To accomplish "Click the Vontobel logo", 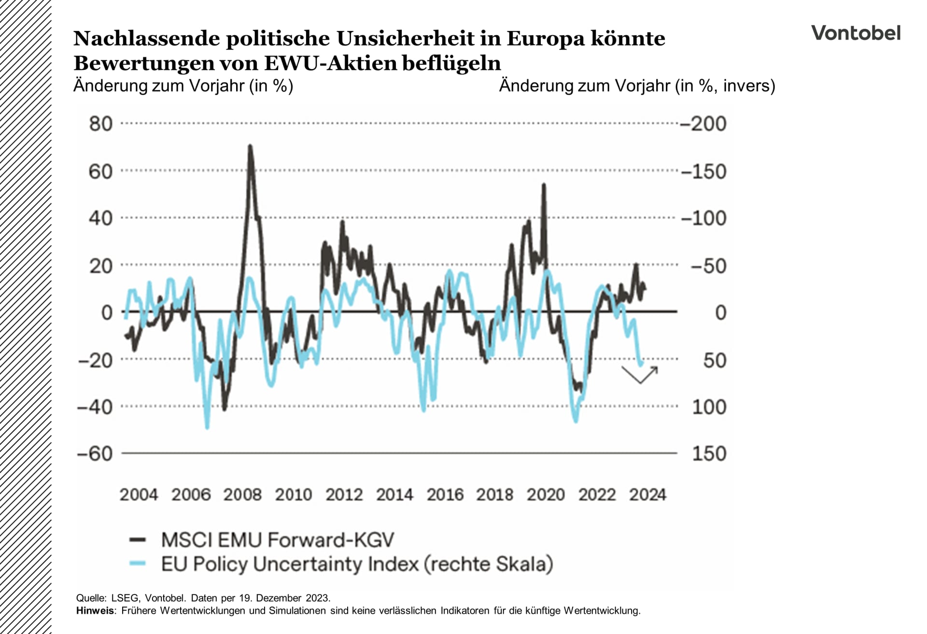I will tap(856, 33).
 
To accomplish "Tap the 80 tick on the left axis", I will tap(100, 124).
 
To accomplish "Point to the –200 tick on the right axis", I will tap(703, 124).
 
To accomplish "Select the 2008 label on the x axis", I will tap(242, 494).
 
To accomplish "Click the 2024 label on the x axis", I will tap(647, 494).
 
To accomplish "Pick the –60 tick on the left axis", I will tap(95, 453).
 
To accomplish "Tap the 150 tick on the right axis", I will tap(709, 453).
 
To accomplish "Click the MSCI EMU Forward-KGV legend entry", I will tap(277, 540).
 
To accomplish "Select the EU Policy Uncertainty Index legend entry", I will tap(357, 564).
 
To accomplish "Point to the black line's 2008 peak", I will tap(250, 146).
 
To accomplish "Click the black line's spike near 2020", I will tap(544, 185).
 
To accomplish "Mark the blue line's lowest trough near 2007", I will tap(207, 427).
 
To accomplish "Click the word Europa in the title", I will tap(545, 38).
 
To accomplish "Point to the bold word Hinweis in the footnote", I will tap(95, 610).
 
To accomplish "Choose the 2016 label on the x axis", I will tap(445, 494).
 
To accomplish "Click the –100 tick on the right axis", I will tap(703, 218).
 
